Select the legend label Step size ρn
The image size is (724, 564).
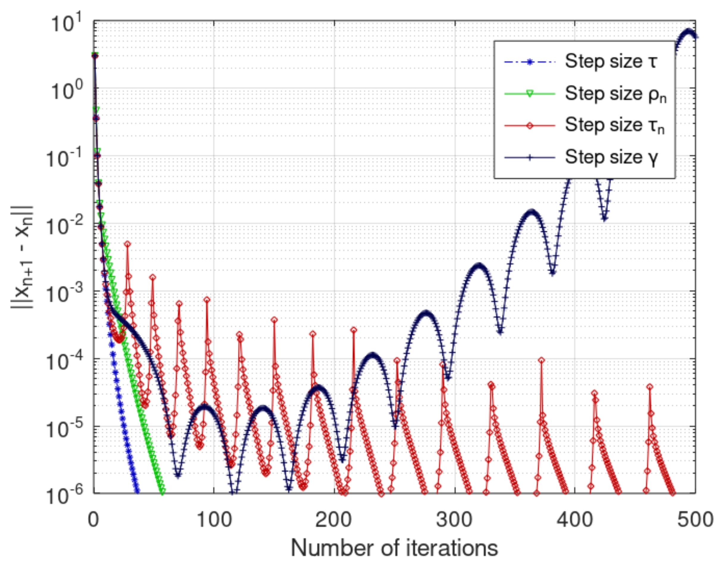(x=615, y=94)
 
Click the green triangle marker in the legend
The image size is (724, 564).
(x=530, y=94)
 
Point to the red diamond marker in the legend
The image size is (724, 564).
(x=530, y=126)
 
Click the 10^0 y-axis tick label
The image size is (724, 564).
(x=67, y=91)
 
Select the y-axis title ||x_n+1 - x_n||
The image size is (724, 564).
(x=23, y=257)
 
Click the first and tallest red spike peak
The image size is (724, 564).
(x=127, y=244)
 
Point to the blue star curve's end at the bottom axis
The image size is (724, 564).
(x=137, y=491)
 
